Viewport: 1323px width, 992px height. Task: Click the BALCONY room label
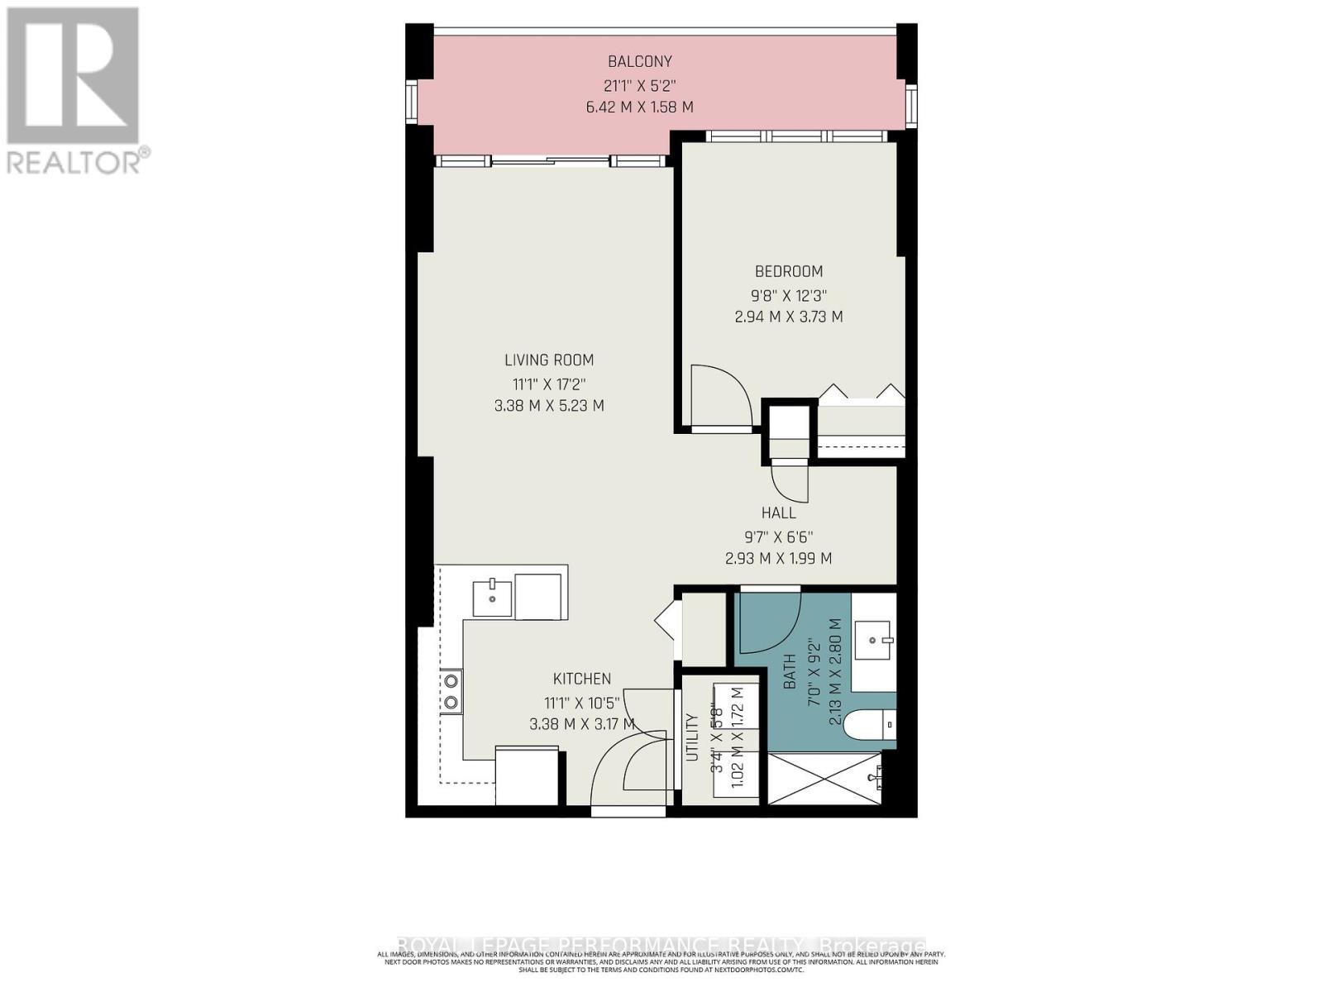point(639,61)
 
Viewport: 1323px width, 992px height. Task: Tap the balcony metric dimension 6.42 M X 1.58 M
point(639,107)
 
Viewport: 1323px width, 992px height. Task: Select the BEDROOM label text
point(788,271)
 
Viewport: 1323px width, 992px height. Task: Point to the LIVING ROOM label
point(549,360)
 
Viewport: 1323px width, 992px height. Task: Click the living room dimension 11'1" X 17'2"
point(549,384)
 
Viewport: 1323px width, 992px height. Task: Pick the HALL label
point(778,513)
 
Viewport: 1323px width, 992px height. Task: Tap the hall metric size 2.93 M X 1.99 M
point(778,559)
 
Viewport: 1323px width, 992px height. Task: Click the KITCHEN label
point(582,679)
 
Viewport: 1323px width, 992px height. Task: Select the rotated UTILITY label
point(692,737)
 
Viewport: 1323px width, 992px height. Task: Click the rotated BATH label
point(790,671)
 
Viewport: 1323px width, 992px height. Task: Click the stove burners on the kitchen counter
point(451,692)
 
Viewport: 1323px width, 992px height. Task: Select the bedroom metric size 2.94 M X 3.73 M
point(788,317)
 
